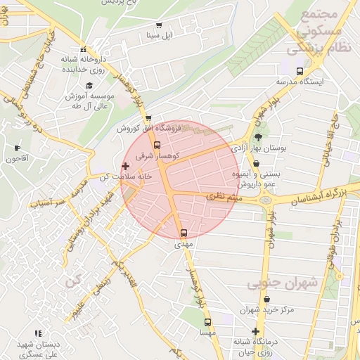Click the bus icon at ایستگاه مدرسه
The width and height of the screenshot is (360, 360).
(300, 71)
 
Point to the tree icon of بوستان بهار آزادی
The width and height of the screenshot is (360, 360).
(259, 138)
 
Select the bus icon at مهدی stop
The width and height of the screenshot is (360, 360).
(184, 233)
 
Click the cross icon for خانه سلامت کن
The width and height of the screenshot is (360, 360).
(126, 167)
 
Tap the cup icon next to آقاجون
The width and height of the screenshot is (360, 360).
(18, 148)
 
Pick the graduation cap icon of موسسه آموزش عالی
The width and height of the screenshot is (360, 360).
(89, 84)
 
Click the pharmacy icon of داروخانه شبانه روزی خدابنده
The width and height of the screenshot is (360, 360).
(84, 50)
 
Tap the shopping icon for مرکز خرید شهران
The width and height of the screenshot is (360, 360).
(255, 299)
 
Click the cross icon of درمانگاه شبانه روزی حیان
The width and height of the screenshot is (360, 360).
(255, 331)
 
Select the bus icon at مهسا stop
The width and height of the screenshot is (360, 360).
(206, 322)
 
